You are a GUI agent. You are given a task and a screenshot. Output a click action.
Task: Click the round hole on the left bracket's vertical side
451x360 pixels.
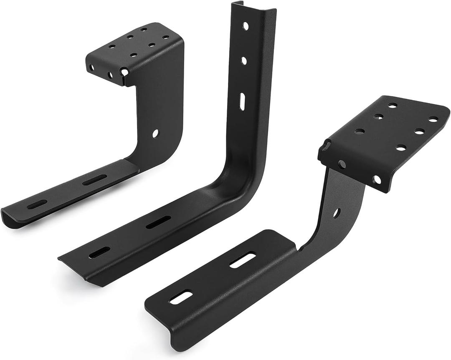(155, 133)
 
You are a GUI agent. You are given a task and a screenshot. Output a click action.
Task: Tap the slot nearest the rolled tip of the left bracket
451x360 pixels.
(37, 204)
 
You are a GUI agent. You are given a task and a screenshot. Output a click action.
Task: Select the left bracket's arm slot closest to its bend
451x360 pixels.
(94, 180)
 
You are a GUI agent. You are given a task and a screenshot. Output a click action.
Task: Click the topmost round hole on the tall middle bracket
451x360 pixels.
(246, 26)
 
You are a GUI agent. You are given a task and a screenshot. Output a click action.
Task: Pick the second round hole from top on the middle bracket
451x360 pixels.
(244, 61)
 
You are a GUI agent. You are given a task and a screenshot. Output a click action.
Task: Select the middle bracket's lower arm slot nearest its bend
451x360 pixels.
(159, 222)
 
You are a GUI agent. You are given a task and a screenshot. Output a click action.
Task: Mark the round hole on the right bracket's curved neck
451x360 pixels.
(337, 213)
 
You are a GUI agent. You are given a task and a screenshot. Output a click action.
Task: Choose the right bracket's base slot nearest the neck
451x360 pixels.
(243, 261)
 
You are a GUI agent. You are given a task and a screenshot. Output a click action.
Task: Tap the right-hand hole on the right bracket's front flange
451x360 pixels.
(377, 180)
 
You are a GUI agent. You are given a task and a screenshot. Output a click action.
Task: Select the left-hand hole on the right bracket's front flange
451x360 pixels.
(342, 164)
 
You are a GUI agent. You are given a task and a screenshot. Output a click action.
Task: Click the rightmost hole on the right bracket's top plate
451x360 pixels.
(433, 120)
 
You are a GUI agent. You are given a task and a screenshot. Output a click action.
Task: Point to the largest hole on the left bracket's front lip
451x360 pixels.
(124, 72)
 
